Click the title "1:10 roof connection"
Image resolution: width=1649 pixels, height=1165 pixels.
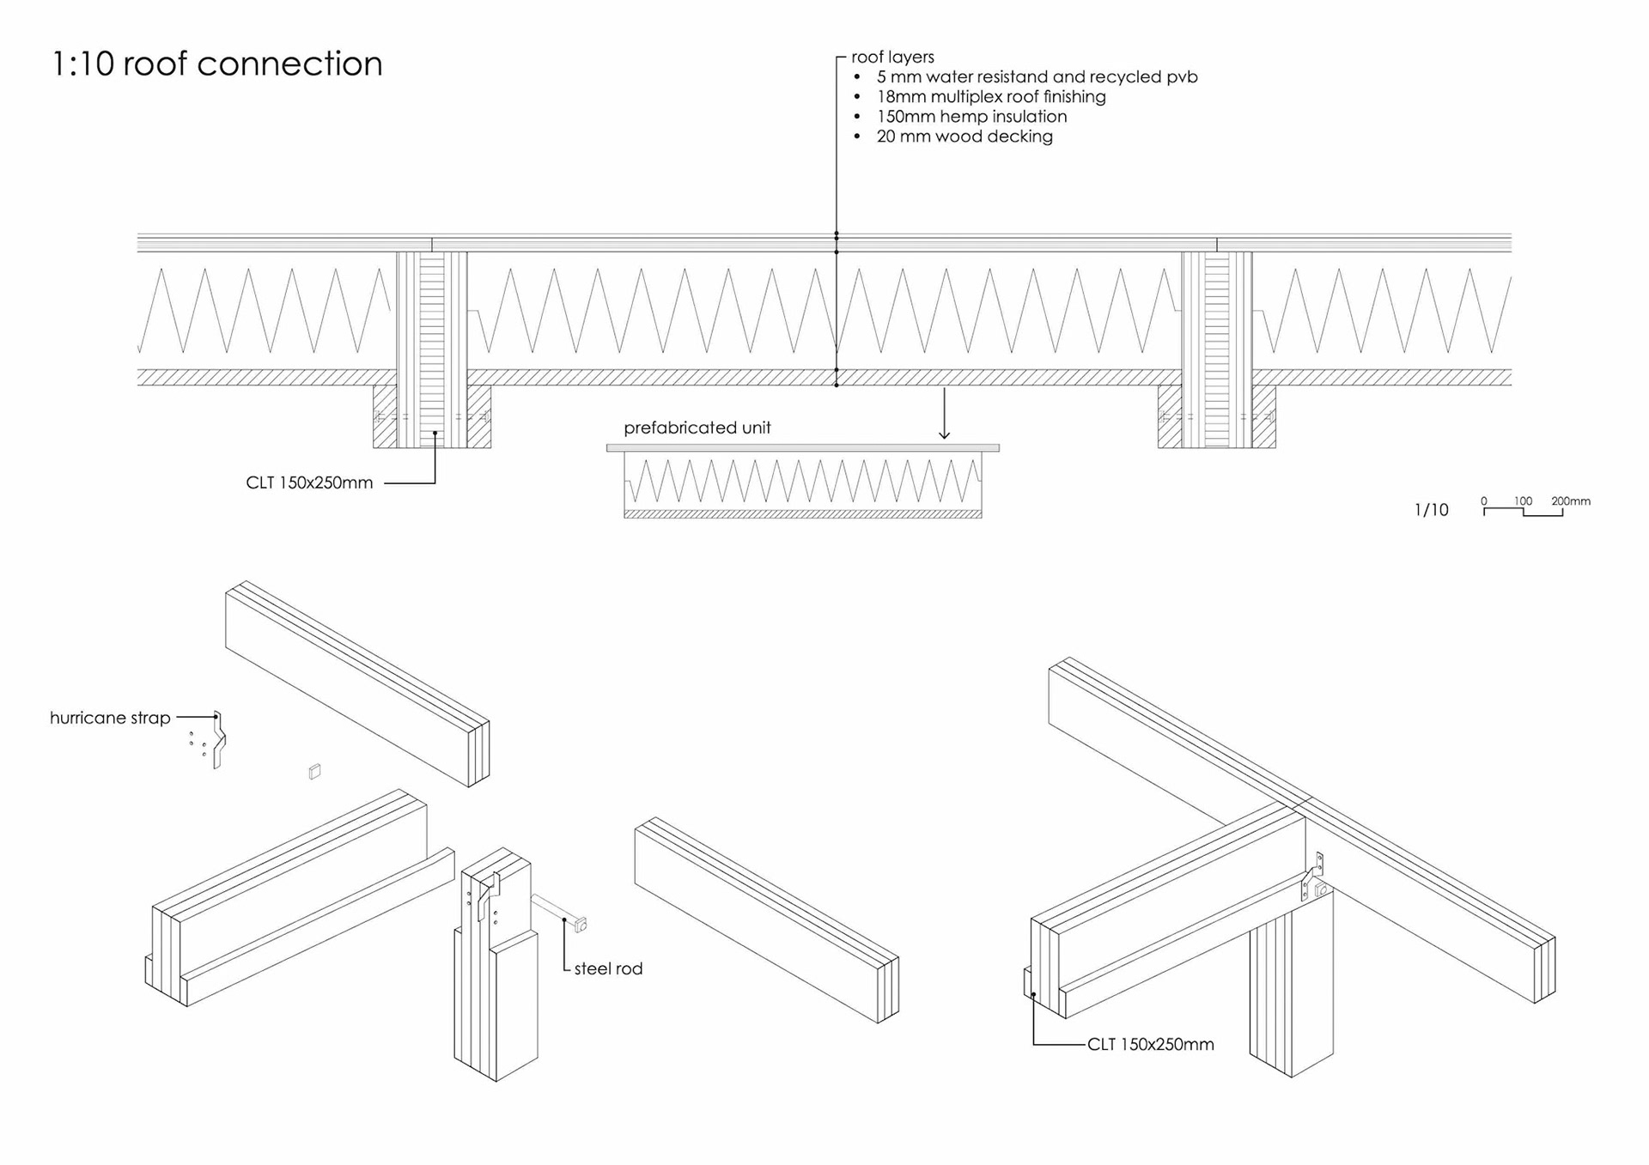[x=216, y=64]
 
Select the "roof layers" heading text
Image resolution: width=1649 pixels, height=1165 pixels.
[x=892, y=58]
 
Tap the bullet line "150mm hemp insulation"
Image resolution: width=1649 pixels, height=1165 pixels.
[x=971, y=117]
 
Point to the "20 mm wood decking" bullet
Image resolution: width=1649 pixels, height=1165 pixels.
[x=964, y=137]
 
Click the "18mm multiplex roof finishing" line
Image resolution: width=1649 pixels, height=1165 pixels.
[x=991, y=97]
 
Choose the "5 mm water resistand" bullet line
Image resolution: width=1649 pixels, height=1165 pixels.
[x=1037, y=77]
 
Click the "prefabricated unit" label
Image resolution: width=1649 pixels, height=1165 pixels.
[x=697, y=428]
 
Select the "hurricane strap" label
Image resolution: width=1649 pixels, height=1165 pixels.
[x=110, y=718]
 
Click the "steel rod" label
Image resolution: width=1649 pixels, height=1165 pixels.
[x=608, y=968]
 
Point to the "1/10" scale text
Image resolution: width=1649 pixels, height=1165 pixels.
[x=1431, y=510]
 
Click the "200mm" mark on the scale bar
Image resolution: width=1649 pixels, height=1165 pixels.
[x=1570, y=501]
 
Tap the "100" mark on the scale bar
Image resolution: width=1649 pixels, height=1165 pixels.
[x=1523, y=501]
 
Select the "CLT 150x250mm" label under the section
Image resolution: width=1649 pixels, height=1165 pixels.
[x=309, y=482]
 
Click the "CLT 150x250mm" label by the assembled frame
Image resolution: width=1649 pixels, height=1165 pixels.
[x=1150, y=1045]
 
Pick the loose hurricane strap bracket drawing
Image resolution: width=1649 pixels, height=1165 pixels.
[x=219, y=740]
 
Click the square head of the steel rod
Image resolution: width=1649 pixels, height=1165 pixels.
[x=581, y=925]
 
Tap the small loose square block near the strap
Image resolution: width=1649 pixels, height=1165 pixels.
[x=314, y=772]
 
